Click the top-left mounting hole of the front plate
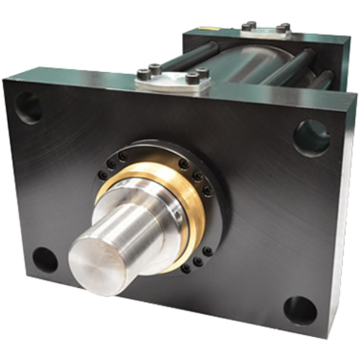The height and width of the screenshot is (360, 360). (28, 107)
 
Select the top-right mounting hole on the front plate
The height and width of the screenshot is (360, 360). (311, 136)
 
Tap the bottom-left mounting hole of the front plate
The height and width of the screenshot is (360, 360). (45, 260)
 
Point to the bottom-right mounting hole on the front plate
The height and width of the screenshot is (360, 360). (300, 310)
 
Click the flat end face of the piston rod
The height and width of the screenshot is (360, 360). (95, 266)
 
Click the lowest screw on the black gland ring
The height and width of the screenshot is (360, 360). (186, 269)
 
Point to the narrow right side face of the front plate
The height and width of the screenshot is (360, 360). (346, 216)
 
